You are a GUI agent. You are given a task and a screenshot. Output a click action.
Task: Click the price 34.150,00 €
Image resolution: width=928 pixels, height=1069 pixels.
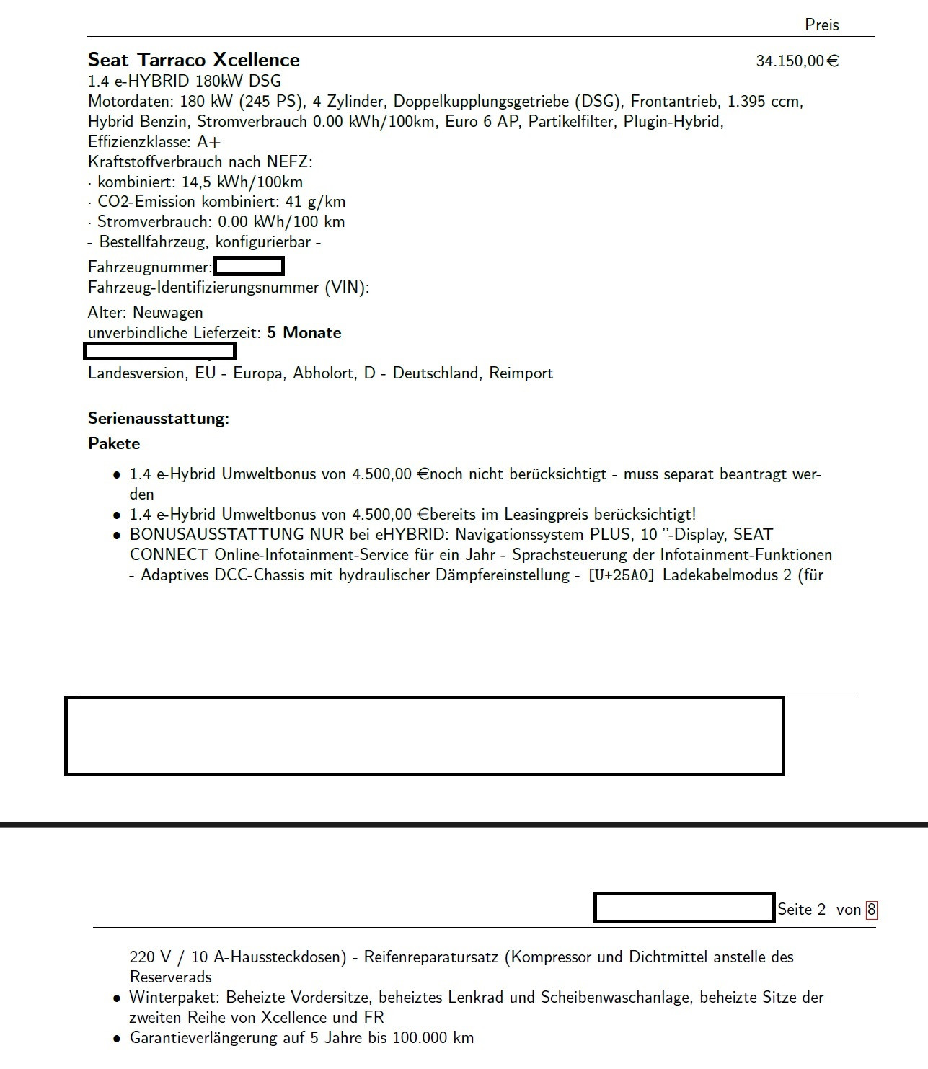tap(797, 61)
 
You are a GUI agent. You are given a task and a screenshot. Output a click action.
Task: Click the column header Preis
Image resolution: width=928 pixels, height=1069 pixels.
tap(821, 25)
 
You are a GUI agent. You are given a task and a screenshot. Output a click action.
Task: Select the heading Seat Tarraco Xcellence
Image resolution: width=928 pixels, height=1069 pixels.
tap(193, 60)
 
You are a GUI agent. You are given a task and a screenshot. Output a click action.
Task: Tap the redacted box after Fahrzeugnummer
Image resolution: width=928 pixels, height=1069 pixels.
tap(249, 267)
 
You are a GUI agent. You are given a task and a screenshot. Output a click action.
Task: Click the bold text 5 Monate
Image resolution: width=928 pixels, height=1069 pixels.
tap(304, 333)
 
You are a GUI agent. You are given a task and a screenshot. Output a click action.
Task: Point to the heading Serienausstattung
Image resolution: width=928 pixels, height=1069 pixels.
tap(158, 419)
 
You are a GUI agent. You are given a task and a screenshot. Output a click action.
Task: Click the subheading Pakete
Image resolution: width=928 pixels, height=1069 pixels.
tap(114, 444)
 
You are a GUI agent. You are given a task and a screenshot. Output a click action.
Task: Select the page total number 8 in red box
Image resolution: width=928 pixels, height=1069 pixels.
tap(871, 910)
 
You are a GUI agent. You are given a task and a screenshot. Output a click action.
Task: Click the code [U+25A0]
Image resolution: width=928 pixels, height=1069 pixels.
tap(621, 575)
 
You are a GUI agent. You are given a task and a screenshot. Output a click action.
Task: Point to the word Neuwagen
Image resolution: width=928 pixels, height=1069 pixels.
tap(167, 313)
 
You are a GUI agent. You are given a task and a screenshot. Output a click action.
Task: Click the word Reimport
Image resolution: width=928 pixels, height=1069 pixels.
tap(521, 373)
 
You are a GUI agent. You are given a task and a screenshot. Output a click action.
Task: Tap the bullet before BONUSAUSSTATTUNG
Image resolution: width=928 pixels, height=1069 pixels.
tap(116, 536)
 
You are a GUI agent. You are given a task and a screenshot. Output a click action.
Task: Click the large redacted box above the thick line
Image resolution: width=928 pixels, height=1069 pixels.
tap(424, 735)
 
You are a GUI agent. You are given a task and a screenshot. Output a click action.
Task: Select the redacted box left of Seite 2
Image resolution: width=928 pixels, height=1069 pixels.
tap(684, 908)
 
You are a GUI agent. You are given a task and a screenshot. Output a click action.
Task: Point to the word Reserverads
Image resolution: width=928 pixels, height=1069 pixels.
tap(170, 977)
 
